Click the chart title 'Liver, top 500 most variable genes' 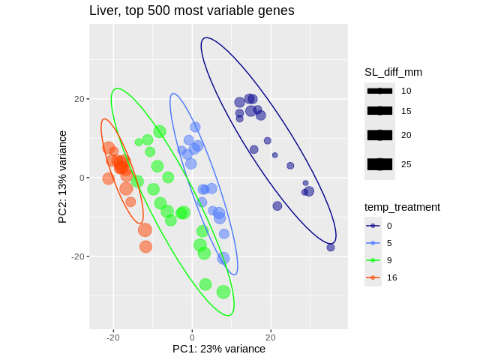191,10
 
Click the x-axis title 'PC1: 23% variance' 219,349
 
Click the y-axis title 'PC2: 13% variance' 63,177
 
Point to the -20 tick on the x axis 113,337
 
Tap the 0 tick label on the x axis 192,337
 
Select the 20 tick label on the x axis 271,337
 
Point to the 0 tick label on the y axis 82,178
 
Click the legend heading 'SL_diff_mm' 393,72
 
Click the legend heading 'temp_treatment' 402,207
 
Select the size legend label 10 406,91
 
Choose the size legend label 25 406,163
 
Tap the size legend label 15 406,111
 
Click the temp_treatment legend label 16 391,277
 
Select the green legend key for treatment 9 373,260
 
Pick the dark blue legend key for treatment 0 373,226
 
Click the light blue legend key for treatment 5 373,243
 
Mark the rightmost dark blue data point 331,247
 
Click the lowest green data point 223,292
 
